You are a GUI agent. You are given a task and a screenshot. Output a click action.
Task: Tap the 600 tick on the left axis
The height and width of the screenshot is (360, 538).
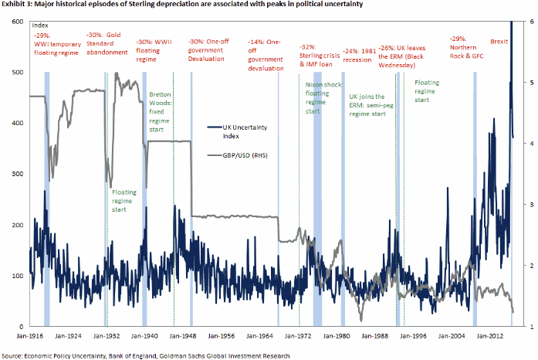pyautogui.click(x=16, y=21)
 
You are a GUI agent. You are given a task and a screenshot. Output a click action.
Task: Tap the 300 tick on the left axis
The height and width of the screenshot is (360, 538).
pyautogui.click(x=16, y=174)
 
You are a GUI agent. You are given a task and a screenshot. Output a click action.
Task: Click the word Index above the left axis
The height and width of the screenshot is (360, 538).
pyautogui.click(x=39, y=26)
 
